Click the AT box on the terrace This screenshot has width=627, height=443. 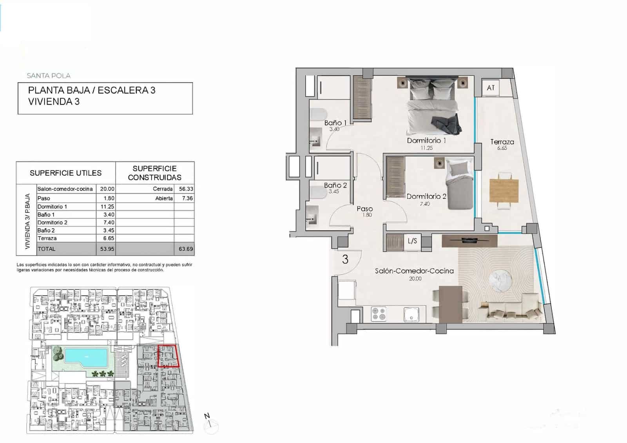[x=491, y=88]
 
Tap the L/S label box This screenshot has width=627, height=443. [x=412, y=241]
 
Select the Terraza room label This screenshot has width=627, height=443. [x=502, y=142]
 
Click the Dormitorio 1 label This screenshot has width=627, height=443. [x=426, y=140]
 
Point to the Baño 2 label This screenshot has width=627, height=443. [x=335, y=185]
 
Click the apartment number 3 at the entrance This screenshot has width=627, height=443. [x=345, y=260]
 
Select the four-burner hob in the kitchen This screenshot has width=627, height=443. [x=379, y=314]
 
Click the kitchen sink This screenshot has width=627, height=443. [x=412, y=314]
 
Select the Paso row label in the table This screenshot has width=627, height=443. [x=44, y=198]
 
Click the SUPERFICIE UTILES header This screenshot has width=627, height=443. [x=65, y=173]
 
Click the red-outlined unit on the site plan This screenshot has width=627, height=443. [x=168, y=356]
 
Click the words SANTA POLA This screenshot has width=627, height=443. [x=49, y=76]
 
